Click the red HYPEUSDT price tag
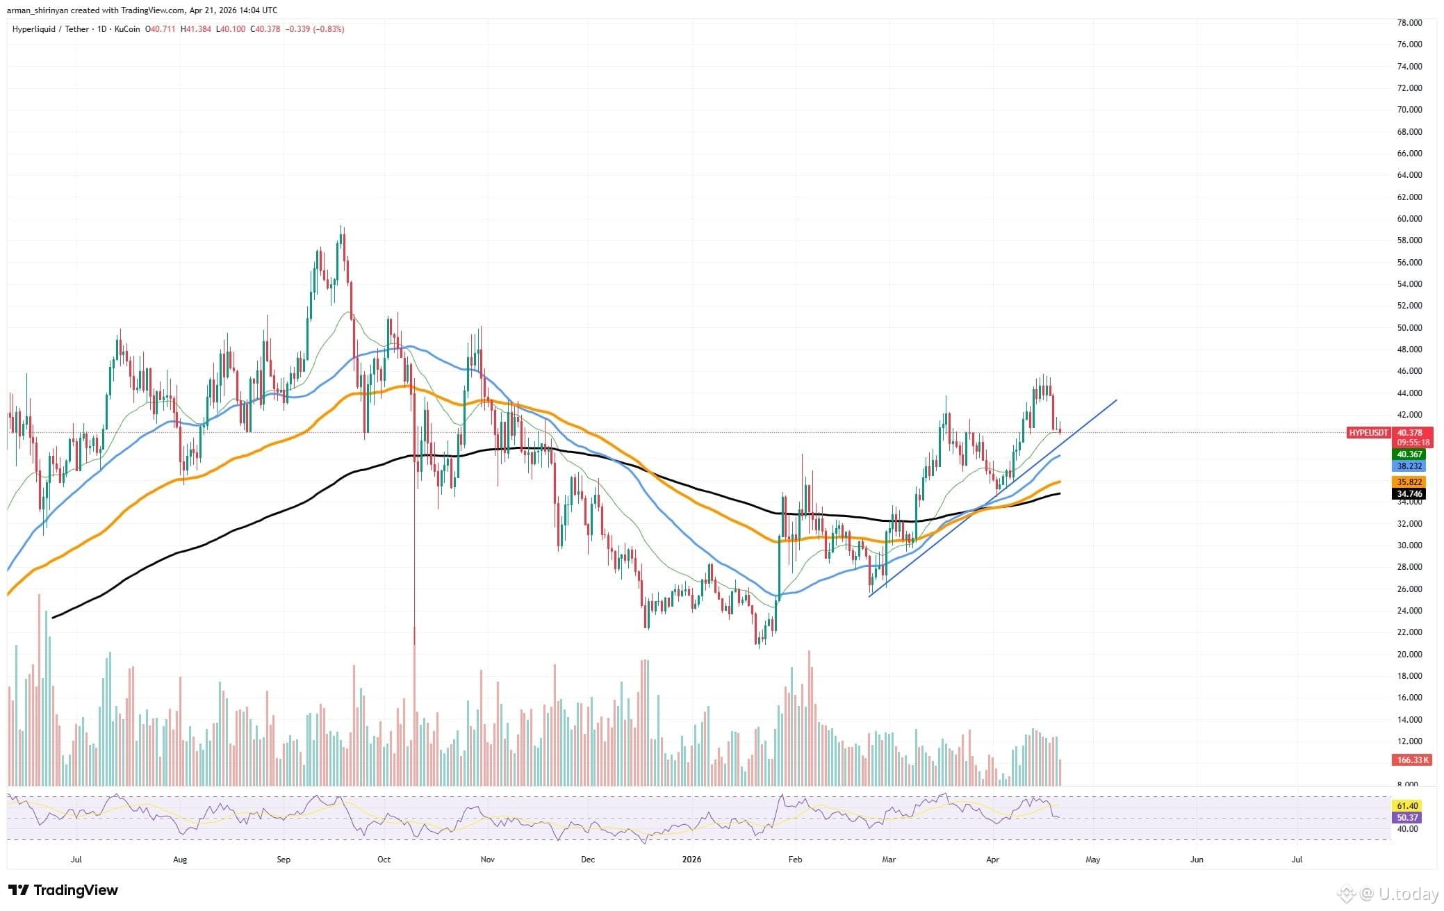[x=1368, y=432]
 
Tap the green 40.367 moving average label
[x=1409, y=454]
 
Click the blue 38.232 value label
[x=1409, y=466]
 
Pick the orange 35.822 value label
[x=1409, y=482]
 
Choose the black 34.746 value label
[x=1409, y=494]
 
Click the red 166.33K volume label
[x=1409, y=760]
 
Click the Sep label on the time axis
[x=283, y=860]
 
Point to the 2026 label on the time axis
[x=691, y=860]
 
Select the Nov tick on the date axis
[x=487, y=860]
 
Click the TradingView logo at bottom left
[x=63, y=890]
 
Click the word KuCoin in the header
[x=128, y=29]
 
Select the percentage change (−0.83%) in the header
[x=329, y=29]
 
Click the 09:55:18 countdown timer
[x=1409, y=442]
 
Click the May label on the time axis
[x=1092, y=860]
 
